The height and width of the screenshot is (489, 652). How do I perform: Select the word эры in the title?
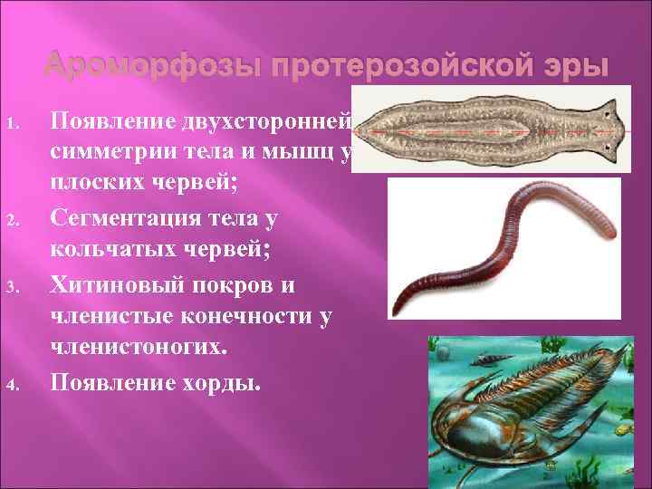point(572,66)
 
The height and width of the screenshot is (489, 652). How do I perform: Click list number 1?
point(13,122)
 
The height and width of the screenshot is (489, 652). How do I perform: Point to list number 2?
point(13,218)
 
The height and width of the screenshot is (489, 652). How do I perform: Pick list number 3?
point(13,289)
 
